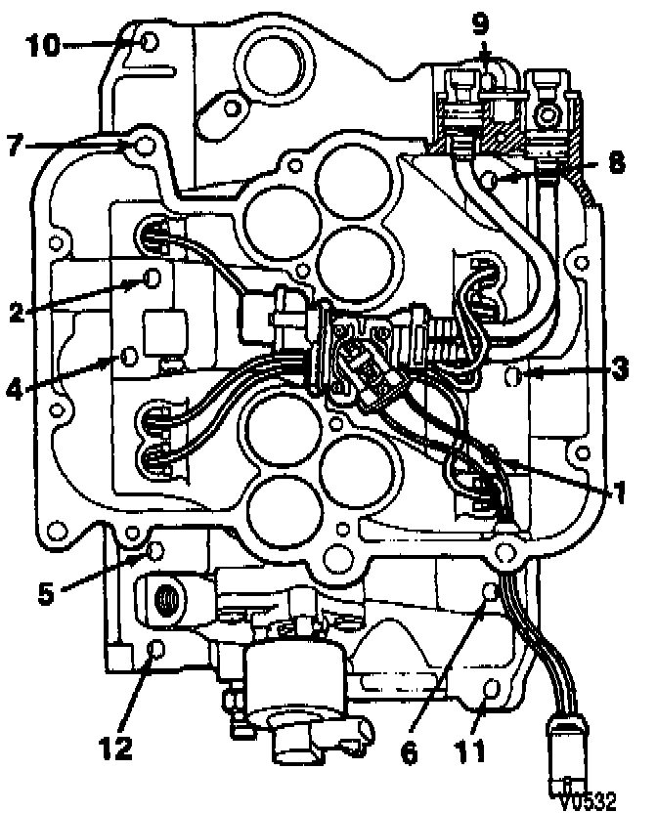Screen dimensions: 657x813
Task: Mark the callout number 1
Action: point(616,493)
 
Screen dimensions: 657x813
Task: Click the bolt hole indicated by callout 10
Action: point(149,41)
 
